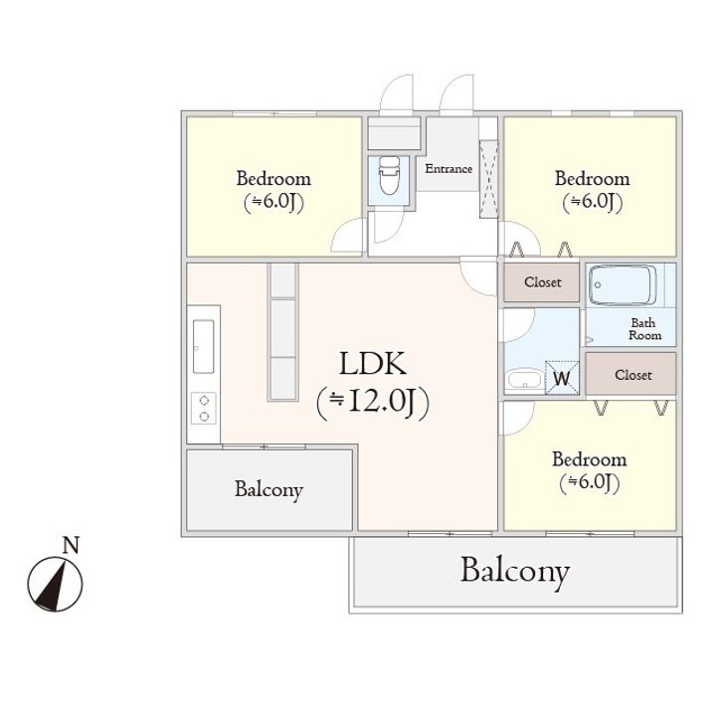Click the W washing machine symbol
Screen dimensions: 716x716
562,377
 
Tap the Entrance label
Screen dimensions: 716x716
448,168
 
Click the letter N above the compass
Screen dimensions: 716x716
70,545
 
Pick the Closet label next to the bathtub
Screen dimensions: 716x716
543,282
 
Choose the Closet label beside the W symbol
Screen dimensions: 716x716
632,375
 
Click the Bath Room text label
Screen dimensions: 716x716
644,329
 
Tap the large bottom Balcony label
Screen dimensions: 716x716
514,572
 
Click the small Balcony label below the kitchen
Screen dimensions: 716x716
268,489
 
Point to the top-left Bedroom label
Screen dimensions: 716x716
273,179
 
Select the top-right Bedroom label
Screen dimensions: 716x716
592,179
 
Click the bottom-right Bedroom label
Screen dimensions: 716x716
590,459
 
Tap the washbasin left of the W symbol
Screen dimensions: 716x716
523,379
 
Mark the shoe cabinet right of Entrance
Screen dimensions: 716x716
488,178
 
